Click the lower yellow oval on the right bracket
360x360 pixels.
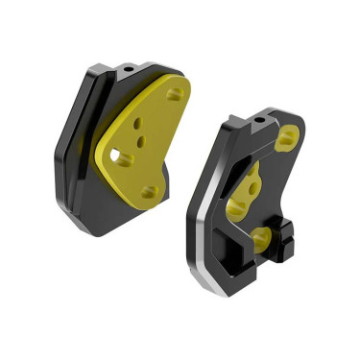coord(261,232)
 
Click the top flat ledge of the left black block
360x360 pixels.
coord(144,67)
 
